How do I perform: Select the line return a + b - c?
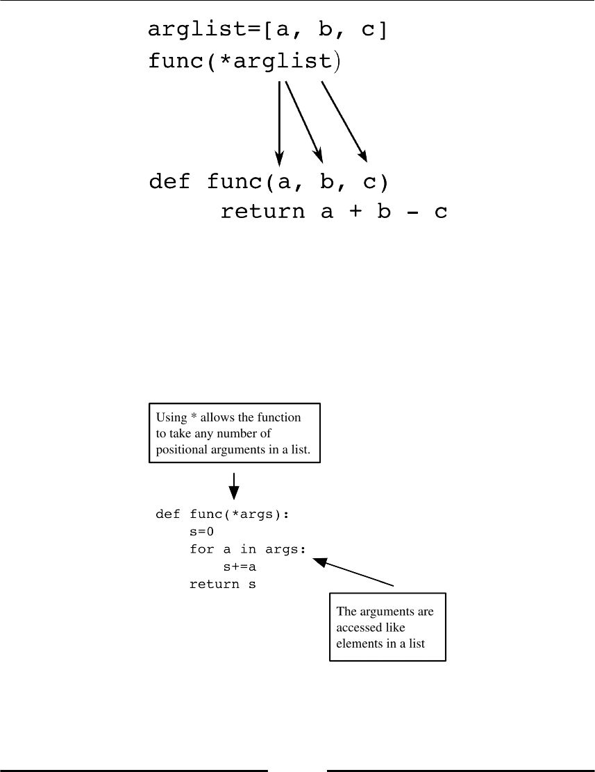(x=334, y=212)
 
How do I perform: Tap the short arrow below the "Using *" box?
(x=235, y=486)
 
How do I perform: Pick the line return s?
(x=223, y=585)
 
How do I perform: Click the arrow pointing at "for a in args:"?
(x=354, y=573)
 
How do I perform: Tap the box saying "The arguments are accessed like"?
(x=387, y=627)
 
